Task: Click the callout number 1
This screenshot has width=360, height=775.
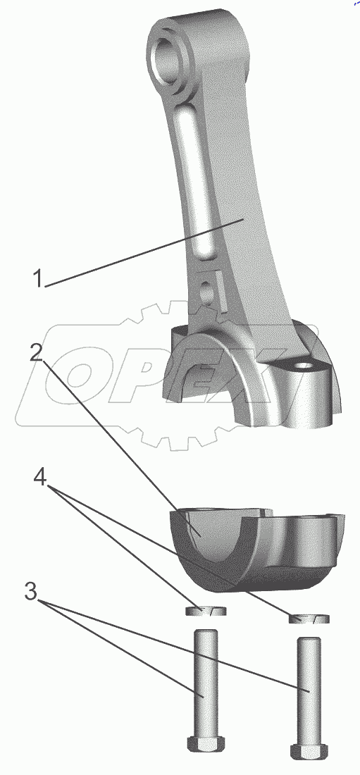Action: click(x=38, y=278)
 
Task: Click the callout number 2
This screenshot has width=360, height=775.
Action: click(x=37, y=353)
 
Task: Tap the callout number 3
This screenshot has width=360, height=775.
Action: click(x=31, y=591)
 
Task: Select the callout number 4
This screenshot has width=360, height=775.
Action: click(x=41, y=478)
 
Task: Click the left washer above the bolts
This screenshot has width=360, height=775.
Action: click(x=206, y=611)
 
